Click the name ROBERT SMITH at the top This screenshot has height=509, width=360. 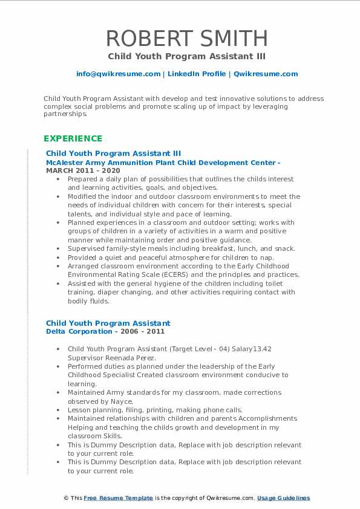187,38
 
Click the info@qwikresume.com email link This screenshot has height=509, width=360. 118,74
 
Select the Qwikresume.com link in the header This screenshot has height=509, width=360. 266,74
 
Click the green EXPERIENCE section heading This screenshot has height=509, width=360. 73,138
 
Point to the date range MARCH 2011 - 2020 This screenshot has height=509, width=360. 83,170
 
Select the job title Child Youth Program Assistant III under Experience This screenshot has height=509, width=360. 113,154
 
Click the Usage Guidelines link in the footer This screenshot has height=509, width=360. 283,498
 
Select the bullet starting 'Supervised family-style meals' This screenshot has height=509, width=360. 181,248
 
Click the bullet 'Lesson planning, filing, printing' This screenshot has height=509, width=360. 154,410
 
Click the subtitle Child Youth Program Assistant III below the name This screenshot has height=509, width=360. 187,56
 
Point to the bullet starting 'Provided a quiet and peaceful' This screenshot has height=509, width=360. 170,257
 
